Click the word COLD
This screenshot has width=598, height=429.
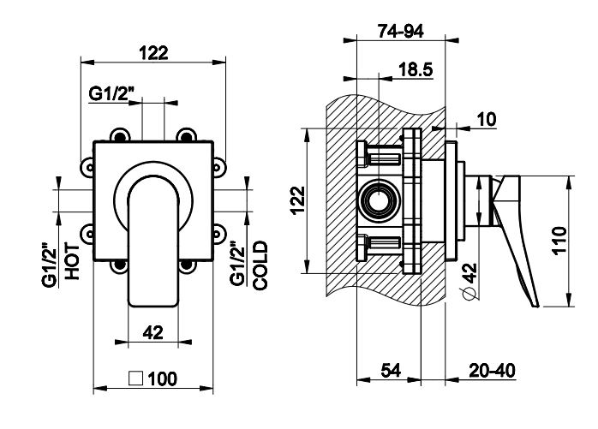coord(260,265)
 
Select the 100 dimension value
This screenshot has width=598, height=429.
coord(162,378)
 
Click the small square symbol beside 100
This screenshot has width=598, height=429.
coord(135,378)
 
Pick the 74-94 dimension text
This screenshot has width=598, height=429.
coord(402,32)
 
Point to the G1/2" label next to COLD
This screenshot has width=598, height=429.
coord(237,265)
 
